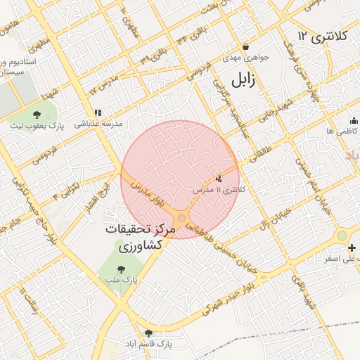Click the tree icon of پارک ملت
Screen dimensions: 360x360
[120, 269]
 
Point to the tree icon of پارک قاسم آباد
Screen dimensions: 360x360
[148, 333]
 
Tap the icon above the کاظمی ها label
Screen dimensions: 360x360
[353, 120]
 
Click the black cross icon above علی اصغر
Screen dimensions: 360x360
[352, 247]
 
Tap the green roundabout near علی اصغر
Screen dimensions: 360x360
[342, 235]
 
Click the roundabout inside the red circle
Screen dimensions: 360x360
[181, 219]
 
